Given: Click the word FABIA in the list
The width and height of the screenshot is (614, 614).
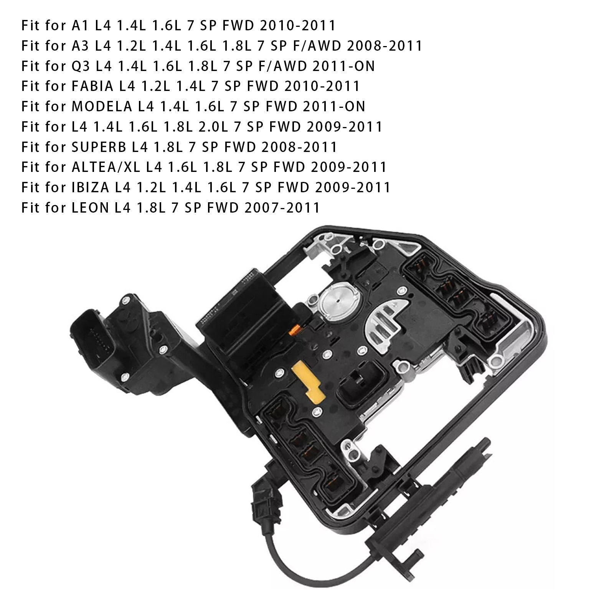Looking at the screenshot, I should pyautogui.click(x=92, y=86).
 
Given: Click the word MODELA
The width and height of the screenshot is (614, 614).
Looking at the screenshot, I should pyautogui.click(x=102, y=106).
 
